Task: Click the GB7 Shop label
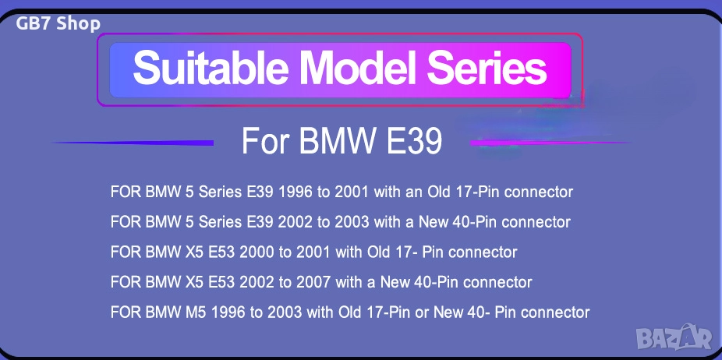point(58,23)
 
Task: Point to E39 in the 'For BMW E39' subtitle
point(413,141)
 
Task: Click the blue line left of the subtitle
point(133,143)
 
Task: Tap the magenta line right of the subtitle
point(550,143)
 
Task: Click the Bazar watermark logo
point(674,338)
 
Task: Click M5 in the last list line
point(197,312)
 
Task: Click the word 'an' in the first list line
point(426,192)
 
